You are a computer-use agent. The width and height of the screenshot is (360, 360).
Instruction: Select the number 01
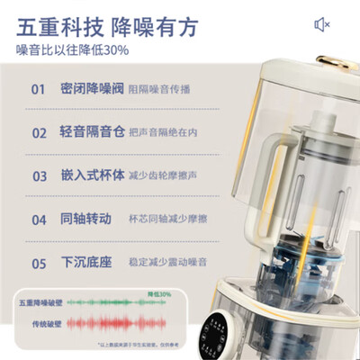tap(39, 90)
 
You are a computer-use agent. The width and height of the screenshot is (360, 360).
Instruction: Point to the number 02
tap(39, 132)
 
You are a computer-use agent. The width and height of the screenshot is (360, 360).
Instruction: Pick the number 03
tap(39, 175)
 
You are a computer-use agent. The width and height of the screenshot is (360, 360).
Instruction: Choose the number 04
tap(39, 219)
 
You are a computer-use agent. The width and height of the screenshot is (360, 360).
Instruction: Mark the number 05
tap(39, 263)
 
